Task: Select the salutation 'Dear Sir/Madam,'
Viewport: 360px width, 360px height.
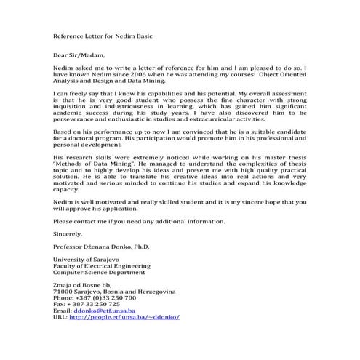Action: (x=79, y=55)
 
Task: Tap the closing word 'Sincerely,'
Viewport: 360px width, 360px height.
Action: (x=69, y=233)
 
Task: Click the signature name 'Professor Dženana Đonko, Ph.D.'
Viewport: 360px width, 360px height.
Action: (x=101, y=247)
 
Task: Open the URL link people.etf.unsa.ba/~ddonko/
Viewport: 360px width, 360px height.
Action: (x=124, y=318)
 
